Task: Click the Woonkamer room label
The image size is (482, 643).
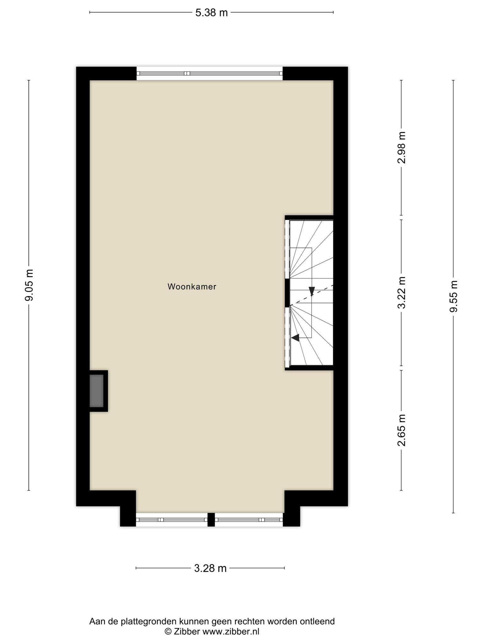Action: click(x=192, y=287)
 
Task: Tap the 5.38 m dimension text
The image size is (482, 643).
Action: click(x=212, y=13)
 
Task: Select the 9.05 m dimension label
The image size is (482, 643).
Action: click(x=29, y=285)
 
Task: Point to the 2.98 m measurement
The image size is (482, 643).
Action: click(x=402, y=148)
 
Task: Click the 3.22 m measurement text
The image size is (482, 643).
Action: click(x=402, y=293)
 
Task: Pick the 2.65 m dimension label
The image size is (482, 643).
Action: click(x=402, y=430)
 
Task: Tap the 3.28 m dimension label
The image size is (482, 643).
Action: click(x=210, y=568)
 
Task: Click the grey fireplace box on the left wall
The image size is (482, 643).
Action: click(x=97, y=391)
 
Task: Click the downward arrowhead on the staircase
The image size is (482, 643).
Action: click(x=312, y=291)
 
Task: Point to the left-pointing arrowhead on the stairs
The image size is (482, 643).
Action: click(x=295, y=338)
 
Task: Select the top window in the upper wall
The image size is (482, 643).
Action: click(x=210, y=73)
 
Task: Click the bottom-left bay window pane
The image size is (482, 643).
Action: click(x=172, y=520)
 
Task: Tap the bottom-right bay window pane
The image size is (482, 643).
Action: click(x=249, y=520)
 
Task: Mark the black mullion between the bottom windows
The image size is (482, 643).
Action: click(x=211, y=520)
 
